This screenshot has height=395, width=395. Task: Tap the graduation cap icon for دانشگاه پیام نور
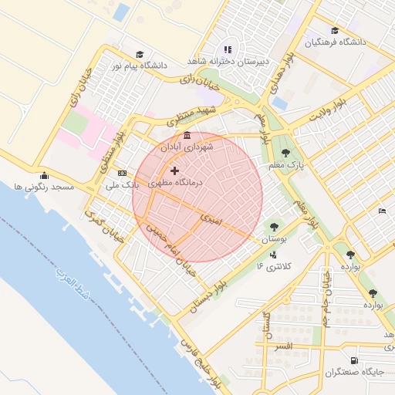139,54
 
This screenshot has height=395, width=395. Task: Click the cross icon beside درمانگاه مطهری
174,170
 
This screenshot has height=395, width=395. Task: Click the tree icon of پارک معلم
286,153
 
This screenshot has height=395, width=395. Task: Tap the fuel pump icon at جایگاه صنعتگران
354,360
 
